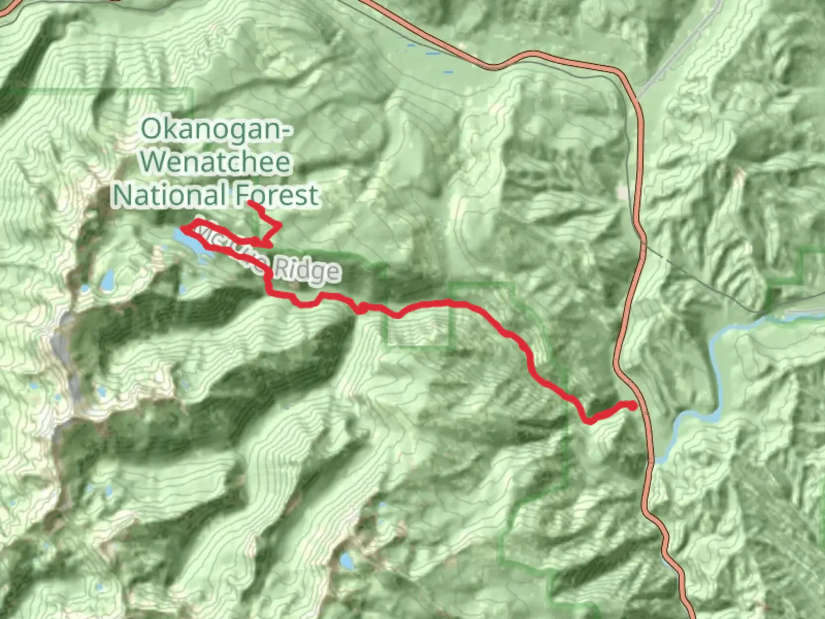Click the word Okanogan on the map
pos(209,129)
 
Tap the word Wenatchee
pos(216,162)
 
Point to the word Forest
pos(276,195)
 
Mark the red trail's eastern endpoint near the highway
pos(632,406)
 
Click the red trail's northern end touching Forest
pos(249,203)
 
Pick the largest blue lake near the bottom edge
pos(347,561)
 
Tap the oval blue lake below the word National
pos(107,280)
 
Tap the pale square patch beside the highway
pos(623,193)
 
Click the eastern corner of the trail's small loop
pos(280,228)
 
